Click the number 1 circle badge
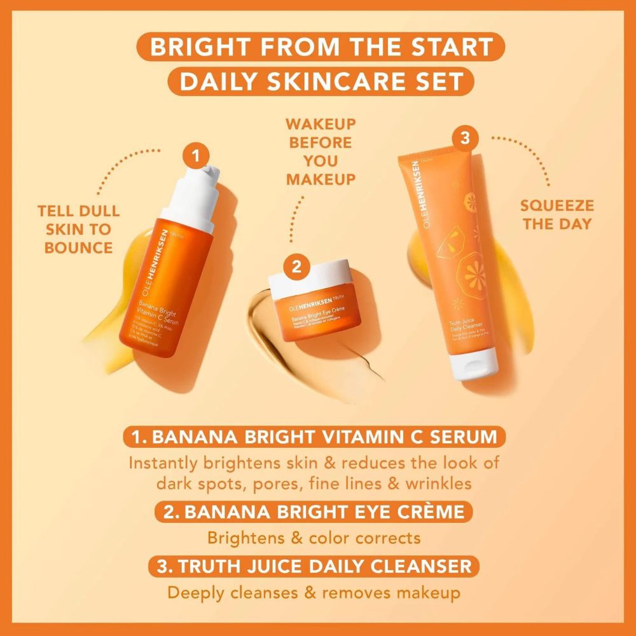pos(196,155)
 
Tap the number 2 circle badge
pos(296,267)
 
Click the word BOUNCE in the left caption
pos(79,246)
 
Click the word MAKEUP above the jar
pos(320,179)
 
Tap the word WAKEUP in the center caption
pos(320,123)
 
